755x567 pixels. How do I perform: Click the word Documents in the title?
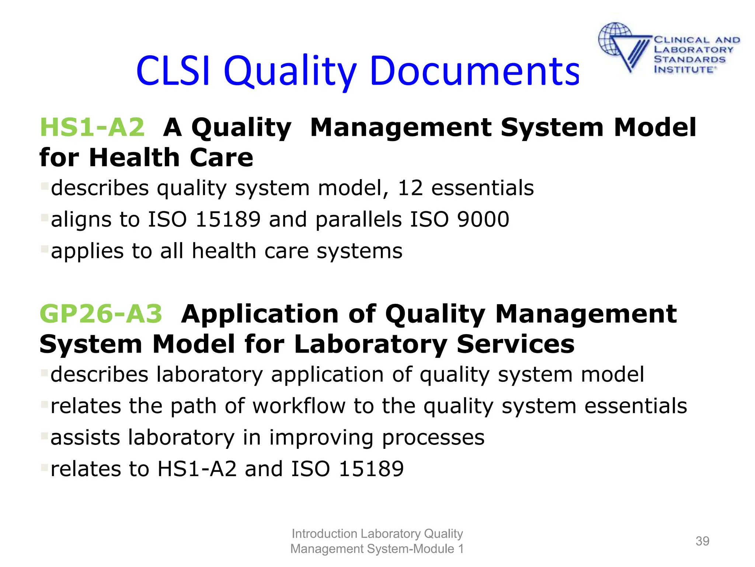pos(475,71)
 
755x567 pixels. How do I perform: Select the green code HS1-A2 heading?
pos(92,127)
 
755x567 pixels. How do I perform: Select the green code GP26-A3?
pos(101,314)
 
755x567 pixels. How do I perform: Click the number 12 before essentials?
pos(410,188)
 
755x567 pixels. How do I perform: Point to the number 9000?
pos(483,219)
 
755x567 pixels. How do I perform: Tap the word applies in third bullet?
pos(82,252)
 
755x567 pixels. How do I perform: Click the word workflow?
pos(299,406)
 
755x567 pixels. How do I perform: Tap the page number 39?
pos(702,541)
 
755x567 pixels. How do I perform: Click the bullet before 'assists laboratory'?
pos(44,436)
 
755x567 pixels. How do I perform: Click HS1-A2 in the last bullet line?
pos(197,469)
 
